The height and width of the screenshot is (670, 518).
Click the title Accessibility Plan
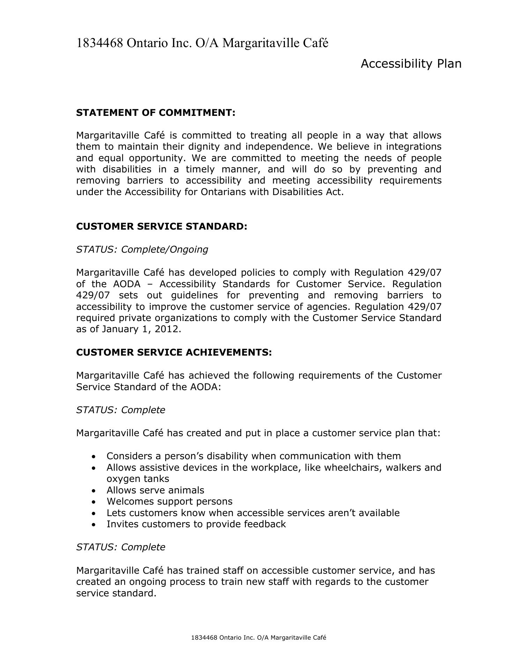click(x=411, y=64)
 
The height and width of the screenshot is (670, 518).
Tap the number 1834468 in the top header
click(x=99, y=43)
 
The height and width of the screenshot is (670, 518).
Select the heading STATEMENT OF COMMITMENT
click(x=156, y=113)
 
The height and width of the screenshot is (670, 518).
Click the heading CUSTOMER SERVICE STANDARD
click(x=162, y=226)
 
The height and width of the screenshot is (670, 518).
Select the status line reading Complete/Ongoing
click(x=142, y=250)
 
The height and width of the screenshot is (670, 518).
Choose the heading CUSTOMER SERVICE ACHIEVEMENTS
click(x=174, y=352)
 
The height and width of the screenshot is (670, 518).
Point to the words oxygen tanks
click(x=138, y=479)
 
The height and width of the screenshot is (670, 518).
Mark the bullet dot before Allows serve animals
click(x=93, y=490)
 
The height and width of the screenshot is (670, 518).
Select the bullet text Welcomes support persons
click(x=169, y=501)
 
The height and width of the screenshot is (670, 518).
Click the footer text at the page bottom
click(x=259, y=638)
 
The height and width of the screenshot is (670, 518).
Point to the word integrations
click(x=414, y=147)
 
